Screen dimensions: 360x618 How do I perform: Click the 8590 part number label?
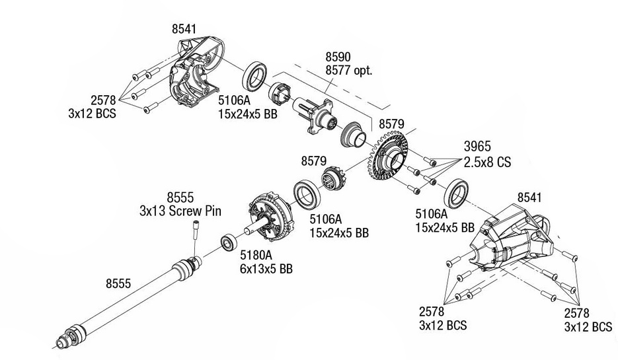click(338, 57)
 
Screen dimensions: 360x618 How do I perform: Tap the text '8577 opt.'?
click(348, 71)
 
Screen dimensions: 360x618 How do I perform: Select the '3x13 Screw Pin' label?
click(180, 211)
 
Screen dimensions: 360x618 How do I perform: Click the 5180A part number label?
click(255, 256)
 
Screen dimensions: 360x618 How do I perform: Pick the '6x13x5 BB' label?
click(266, 269)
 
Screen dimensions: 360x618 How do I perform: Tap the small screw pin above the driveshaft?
click(196, 233)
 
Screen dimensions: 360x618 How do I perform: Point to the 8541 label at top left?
click(184, 29)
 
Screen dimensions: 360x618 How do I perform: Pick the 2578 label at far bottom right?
click(578, 314)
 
